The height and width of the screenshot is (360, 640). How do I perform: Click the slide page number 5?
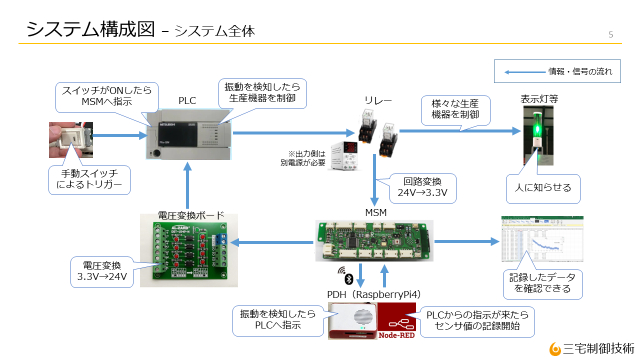610,34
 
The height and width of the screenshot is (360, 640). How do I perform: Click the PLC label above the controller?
187,100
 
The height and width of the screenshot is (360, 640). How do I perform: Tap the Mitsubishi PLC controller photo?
189,133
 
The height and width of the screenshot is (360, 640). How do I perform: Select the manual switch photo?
70,139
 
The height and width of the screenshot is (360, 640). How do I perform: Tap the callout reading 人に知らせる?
543,188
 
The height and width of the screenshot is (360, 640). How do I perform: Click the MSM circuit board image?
374,240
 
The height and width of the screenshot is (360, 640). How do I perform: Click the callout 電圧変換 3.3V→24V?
101,272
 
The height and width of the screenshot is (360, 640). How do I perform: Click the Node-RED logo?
396,321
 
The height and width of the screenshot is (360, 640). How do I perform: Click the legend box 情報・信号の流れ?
557,71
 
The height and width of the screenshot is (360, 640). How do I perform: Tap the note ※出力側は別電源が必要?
303,158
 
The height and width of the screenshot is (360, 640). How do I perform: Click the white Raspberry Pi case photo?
352,321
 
